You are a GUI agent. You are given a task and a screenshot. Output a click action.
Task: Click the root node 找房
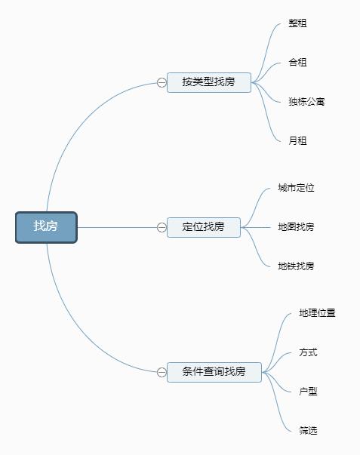[46, 227]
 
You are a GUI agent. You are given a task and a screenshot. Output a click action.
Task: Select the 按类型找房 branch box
[209, 82]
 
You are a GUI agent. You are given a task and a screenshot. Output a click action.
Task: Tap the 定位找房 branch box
[204, 227]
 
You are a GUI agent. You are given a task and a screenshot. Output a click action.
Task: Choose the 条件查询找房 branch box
[214, 372]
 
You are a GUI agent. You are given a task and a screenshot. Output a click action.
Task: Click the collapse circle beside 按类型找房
[162, 82]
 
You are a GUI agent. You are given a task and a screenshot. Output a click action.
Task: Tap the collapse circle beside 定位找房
[162, 227]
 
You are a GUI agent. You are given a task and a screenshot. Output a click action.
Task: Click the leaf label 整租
[297, 23]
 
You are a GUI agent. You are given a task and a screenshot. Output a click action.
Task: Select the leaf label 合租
[297, 62]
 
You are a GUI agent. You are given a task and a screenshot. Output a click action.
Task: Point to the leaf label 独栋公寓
[306, 102]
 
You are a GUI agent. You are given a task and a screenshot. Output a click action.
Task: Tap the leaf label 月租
[297, 141]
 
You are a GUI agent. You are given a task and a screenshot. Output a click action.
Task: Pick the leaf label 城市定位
[296, 188]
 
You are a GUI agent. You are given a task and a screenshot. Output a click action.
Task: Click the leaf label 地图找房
[296, 226]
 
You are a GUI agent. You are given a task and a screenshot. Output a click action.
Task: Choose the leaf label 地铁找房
[296, 266]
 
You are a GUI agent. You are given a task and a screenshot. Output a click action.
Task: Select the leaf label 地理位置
[317, 313]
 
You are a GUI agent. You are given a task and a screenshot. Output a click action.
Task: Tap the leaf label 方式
[309, 352]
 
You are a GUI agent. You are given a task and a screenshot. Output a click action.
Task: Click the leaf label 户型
[309, 392]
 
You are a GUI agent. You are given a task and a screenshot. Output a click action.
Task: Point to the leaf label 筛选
[309, 430]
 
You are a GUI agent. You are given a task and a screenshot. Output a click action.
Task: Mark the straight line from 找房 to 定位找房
[117, 227]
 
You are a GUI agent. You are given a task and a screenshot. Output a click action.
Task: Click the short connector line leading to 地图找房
[256, 227]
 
